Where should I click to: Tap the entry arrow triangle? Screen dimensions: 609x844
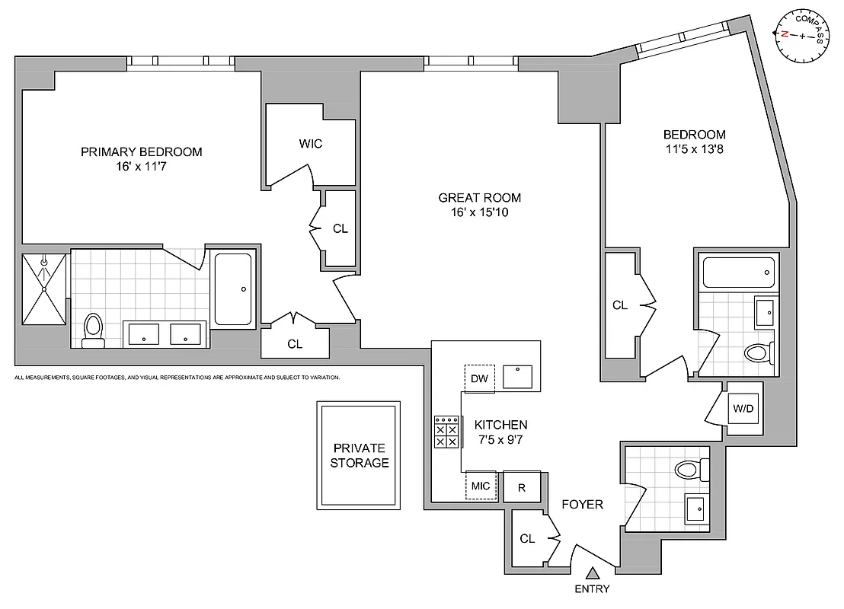pyautogui.click(x=593, y=573)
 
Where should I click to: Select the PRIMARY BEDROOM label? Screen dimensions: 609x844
pyautogui.click(x=142, y=151)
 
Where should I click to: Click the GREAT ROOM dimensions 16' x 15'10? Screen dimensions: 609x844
pyautogui.click(x=479, y=212)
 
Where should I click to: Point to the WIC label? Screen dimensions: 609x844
pyautogui.click(x=310, y=144)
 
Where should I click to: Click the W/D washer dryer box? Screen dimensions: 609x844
pyautogui.click(x=743, y=409)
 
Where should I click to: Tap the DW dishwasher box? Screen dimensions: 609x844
pyautogui.click(x=480, y=378)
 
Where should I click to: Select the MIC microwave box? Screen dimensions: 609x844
pyautogui.click(x=481, y=486)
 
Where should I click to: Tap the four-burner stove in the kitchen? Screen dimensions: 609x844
pyautogui.click(x=447, y=432)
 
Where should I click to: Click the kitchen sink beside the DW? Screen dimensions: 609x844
pyautogui.click(x=523, y=376)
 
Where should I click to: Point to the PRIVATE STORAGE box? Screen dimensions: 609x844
pyautogui.click(x=360, y=455)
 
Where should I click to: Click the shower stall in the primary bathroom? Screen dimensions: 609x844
pyautogui.click(x=43, y=289)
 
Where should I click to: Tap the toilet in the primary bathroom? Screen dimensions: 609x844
pyautogui.click(x=93, y=330)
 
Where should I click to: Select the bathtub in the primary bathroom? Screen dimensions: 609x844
pyautogui.click(x=233, y=289)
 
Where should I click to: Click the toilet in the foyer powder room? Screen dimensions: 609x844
pyautogui.click(x=692, y=468)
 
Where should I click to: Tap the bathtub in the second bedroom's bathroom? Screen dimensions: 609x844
pyautogui.click(x=737, y=272)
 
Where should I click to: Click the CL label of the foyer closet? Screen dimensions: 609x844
pyautogui.click(x=527, y=538)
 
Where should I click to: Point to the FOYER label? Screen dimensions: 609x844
pyautogui.click(x=583, y=504)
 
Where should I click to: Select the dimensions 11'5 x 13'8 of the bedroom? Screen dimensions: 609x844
pyautogui.click(x=694, y=149)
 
